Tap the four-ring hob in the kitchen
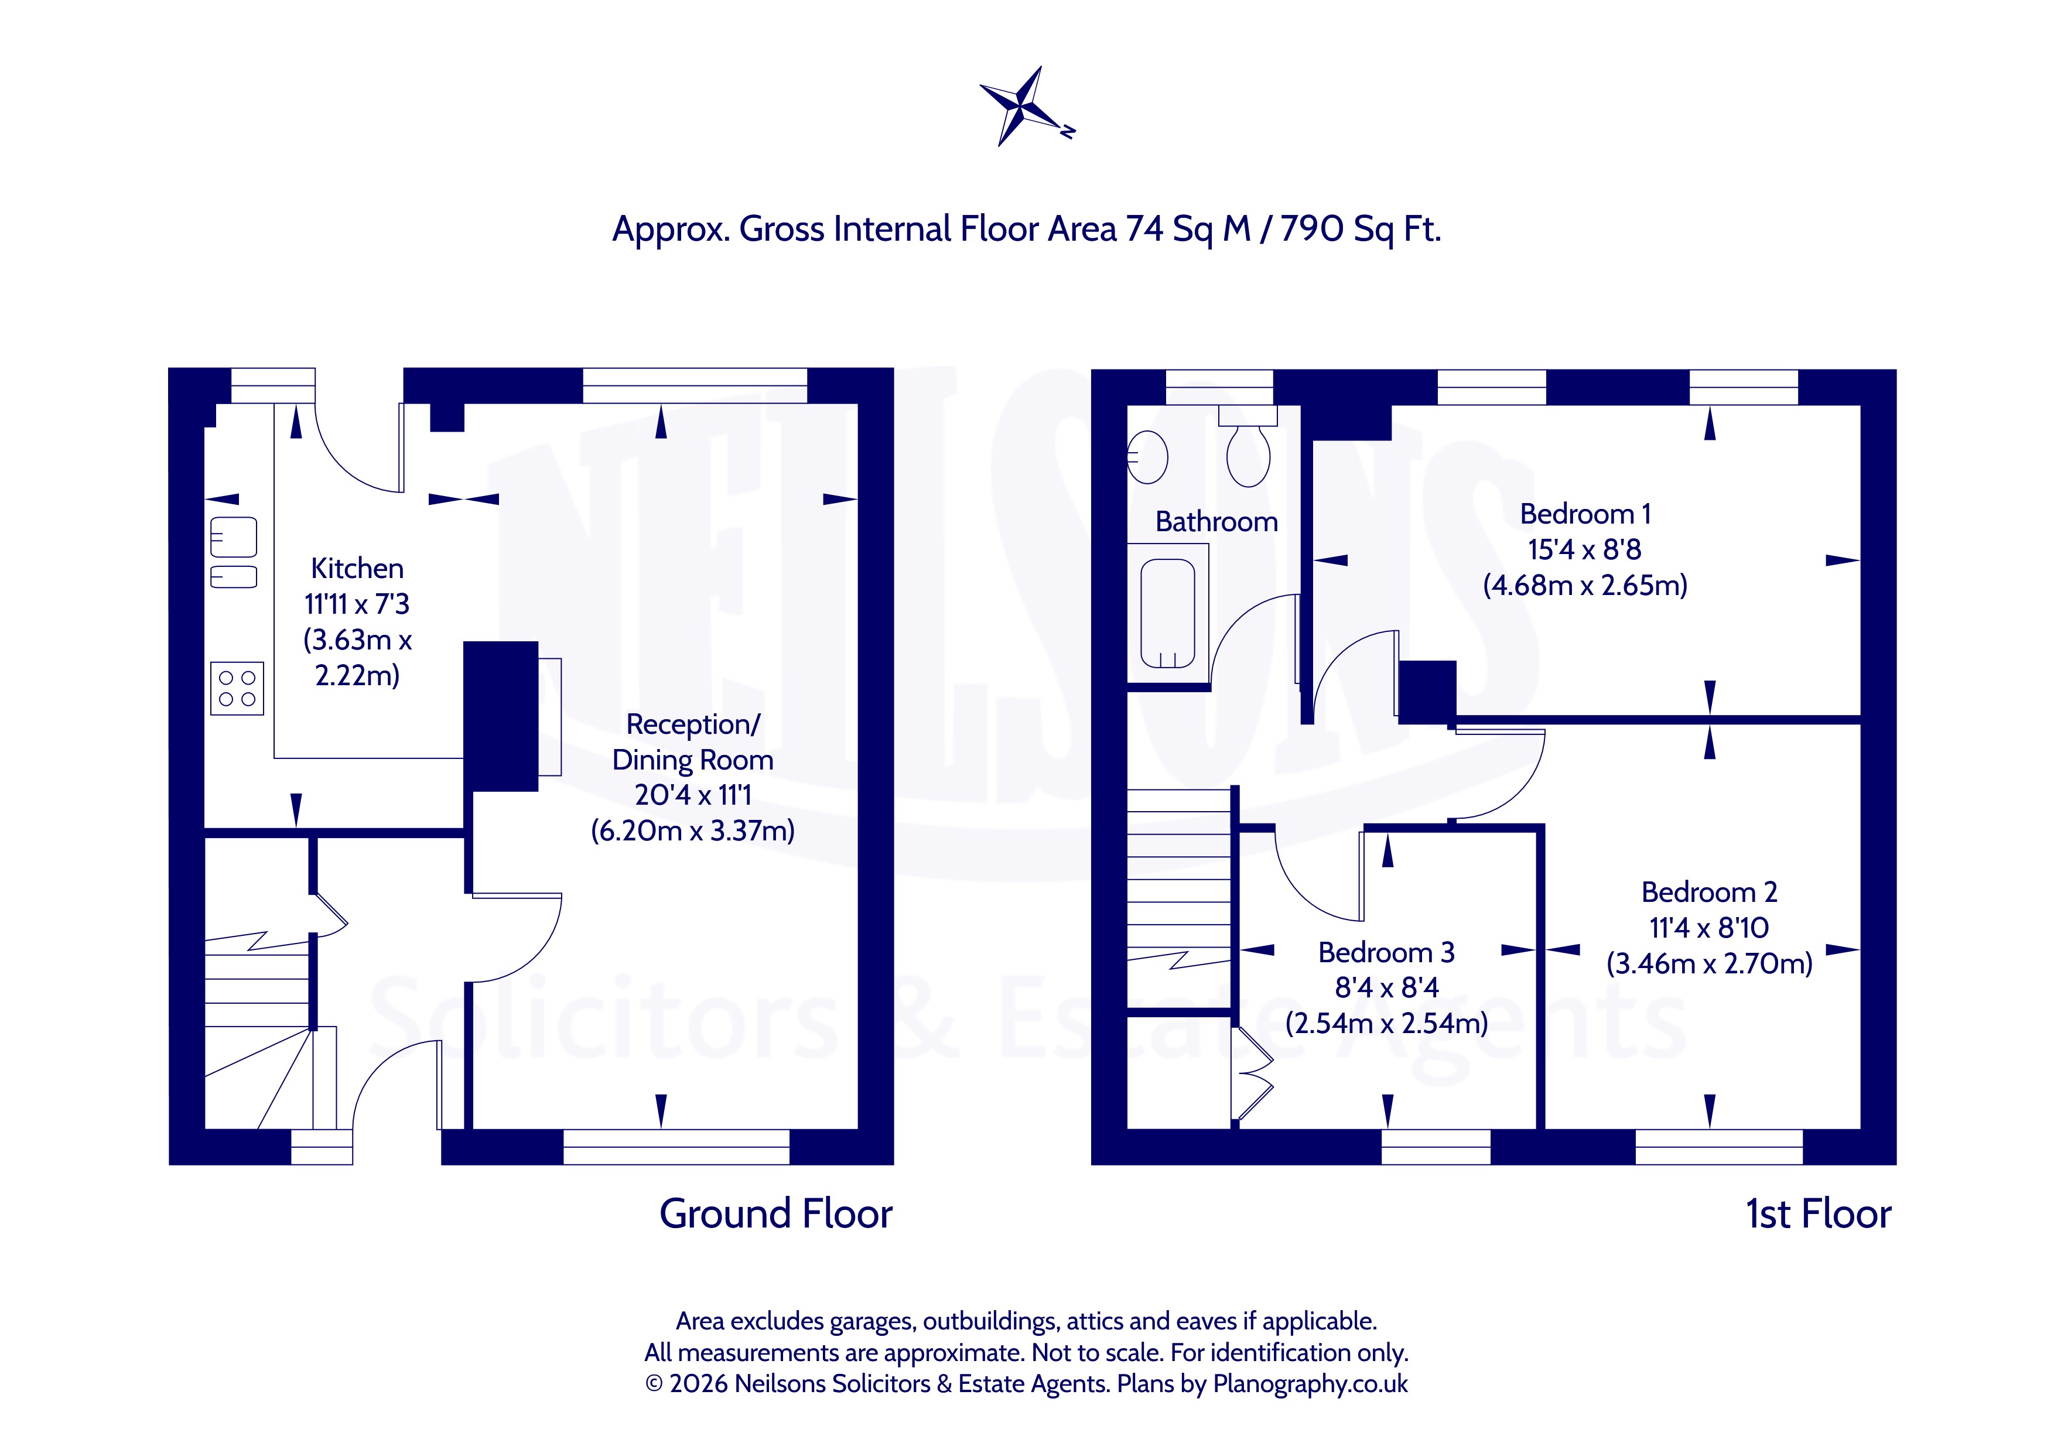click(237, 688)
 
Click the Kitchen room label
click(357, 568)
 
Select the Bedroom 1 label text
click(1585, 514)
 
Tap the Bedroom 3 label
click(1387, 952)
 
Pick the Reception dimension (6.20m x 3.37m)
click(692, 831)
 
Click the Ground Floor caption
click(775, 1214)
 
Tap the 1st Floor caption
click(1818, 1214)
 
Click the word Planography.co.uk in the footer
click(1310, 1384)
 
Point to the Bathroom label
click(1216, 522)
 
